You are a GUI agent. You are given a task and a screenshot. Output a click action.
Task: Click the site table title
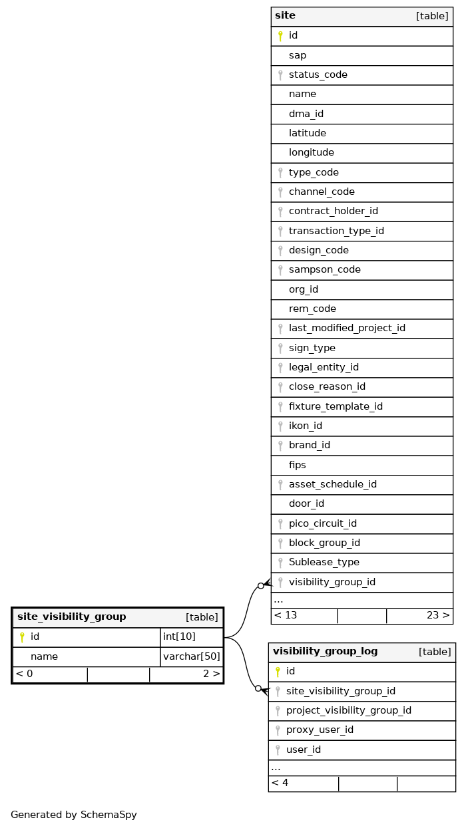(285, 16)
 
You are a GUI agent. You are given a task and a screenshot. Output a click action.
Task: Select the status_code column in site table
(318, 75)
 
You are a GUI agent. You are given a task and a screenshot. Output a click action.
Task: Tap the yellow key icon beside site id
(280, 36)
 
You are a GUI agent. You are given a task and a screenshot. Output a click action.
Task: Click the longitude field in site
(311, 153)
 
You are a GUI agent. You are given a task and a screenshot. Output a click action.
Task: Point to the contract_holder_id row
(333, 211)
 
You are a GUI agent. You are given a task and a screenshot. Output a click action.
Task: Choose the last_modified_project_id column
(346, 329)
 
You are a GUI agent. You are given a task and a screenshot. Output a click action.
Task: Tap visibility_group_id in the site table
(332, 583)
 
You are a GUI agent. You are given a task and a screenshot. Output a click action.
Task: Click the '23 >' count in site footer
(438, 616)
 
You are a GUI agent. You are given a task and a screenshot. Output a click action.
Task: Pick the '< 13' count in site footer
(286, 616)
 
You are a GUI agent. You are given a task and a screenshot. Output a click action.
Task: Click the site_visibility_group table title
(71, 617)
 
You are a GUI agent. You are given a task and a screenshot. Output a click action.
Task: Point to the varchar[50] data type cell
(191, 657)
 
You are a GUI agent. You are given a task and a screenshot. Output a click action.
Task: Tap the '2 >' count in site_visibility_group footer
(211, 674)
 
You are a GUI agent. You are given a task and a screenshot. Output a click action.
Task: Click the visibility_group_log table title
(325, 652)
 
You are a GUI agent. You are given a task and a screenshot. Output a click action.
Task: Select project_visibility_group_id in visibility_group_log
(348, 711)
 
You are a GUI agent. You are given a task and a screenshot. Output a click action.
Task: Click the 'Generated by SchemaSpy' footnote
(73, 815)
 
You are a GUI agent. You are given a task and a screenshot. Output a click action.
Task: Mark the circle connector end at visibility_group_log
(258, 688)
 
